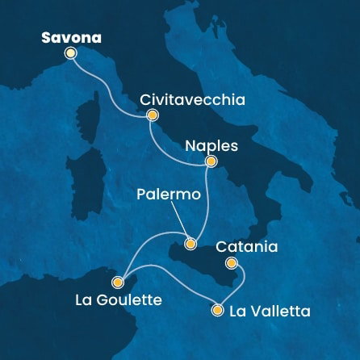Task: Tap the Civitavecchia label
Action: (191, 99)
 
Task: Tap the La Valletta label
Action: (270, 311)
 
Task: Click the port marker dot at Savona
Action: (70, 53)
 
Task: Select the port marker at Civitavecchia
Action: (151, 115)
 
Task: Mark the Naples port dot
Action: (210, 161)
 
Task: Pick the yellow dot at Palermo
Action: (190, 243)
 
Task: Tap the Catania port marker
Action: (231, 262)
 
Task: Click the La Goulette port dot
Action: (118, 282)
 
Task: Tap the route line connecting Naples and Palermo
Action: (206, 202)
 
